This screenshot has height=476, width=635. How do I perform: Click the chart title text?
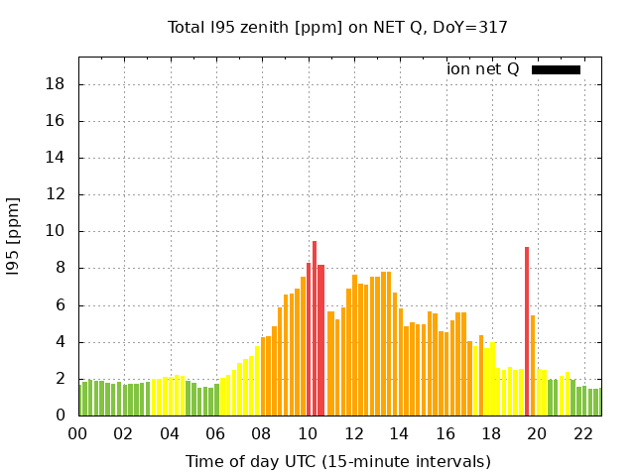click(x=337, y=27)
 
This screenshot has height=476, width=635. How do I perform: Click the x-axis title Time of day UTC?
click(x=337, y=461)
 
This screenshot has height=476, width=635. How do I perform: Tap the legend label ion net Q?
click(x=482, y=69)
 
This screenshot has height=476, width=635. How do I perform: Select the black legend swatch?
click(x=556, y=69)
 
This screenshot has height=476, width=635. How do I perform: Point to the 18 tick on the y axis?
click(x=57, y=84)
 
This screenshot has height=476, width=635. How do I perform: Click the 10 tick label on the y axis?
click(x=57, y=232)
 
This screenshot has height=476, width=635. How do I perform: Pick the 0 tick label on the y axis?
click(x=61, y=416)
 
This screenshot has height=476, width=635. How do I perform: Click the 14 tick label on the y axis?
click(x=57, y=159)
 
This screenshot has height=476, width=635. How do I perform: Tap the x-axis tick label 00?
click(x=77, y=434)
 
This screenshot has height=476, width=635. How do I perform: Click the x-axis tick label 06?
click(x=215, y=434)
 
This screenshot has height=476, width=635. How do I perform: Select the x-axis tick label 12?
click(x=353, y=434)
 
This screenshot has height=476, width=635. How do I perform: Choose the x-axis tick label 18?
click(x=491, y=434)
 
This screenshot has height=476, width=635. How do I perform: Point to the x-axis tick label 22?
click(x=583, y=434)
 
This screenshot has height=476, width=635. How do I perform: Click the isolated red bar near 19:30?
click(x=527, y=332)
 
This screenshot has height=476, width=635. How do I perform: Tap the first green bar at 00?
click(x=80, y=400)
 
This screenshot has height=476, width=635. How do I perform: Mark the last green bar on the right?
click(x=595, y=403)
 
